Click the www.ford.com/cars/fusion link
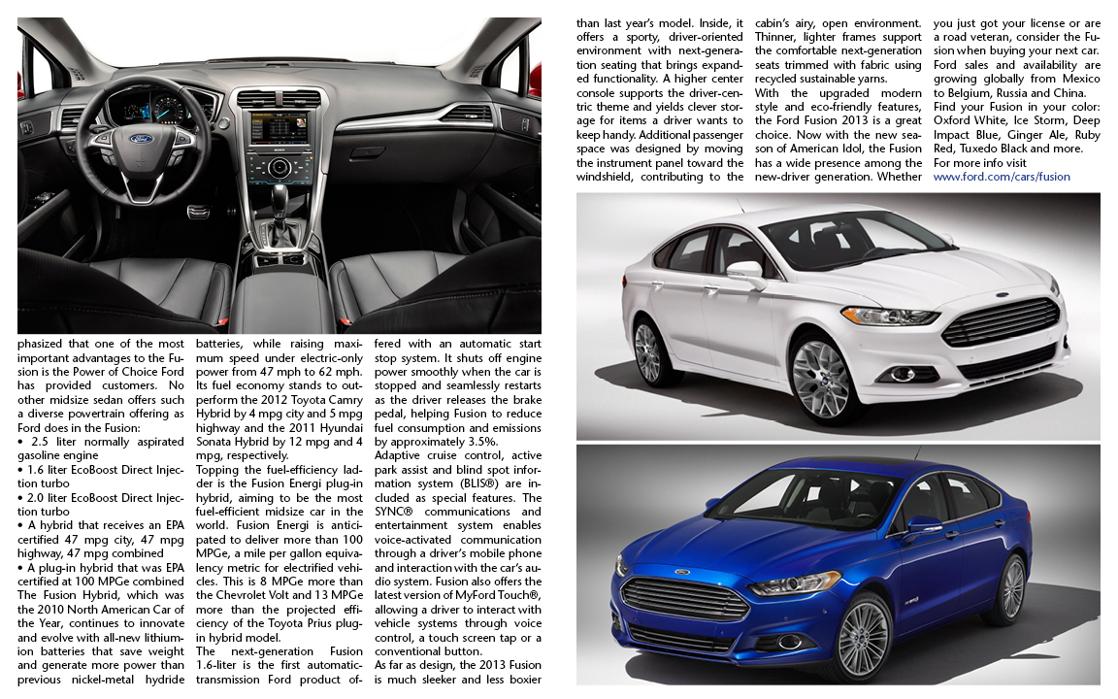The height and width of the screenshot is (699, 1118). click(x=1002, y=177)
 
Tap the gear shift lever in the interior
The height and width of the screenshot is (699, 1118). click(x=279, y=204)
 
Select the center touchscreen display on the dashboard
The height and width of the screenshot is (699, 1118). click(x=279, y=129)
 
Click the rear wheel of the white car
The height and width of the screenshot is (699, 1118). click(x=646, y=351)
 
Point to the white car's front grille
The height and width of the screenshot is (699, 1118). click(x=1000, y=321)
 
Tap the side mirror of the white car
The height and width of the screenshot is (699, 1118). click(x=745, y=271)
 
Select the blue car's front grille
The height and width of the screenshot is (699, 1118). click(x=684, y=598)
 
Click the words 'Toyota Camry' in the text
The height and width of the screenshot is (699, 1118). click(x=319, y=398)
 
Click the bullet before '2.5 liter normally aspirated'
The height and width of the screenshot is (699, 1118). click(x=21, y=441)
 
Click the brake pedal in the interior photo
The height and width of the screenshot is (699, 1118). click(x=197, y=211)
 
